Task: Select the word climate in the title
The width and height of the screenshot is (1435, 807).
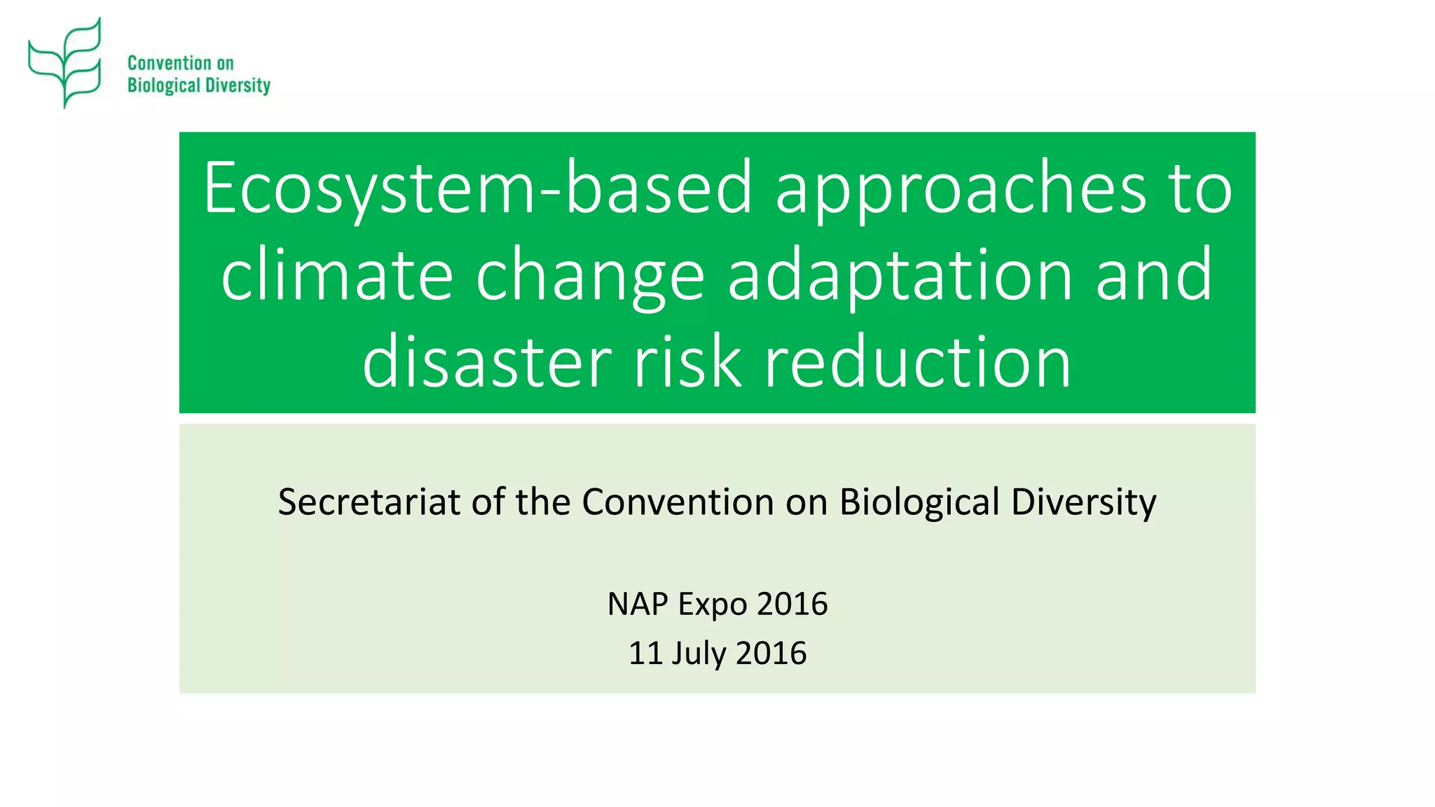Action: pyautogui.click(x=337, y=275)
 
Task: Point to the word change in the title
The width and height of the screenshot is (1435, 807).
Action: pyautogui.click(x=590, y=275)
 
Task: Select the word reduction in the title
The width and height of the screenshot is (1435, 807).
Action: pyautogui.click(x=918, y=362)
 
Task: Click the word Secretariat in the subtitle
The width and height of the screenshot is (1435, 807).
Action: pyautogui.click(x=369, y=502)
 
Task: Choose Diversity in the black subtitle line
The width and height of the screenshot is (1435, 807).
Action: pyautogui.click(x=1083, y=502)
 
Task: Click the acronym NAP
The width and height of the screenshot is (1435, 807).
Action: pyautogui.click(x=638, y=604)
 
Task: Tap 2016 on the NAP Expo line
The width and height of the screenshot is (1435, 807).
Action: pyautogui.click(x=792, y=604)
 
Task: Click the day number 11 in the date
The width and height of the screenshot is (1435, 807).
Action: pyautogui.click(x=645, y=653)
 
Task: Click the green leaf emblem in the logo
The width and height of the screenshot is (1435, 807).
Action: pyautogui.click(x=65, y=63)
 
